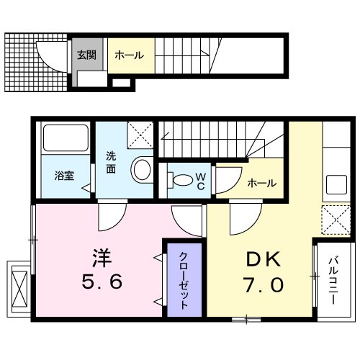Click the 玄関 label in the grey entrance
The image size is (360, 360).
tap(85, 55)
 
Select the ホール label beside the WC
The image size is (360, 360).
tap(261, 183)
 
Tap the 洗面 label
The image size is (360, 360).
tap(112, 162)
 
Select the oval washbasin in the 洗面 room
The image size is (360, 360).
tap(142, 170)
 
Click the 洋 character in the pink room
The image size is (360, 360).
tap(99, 256)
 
